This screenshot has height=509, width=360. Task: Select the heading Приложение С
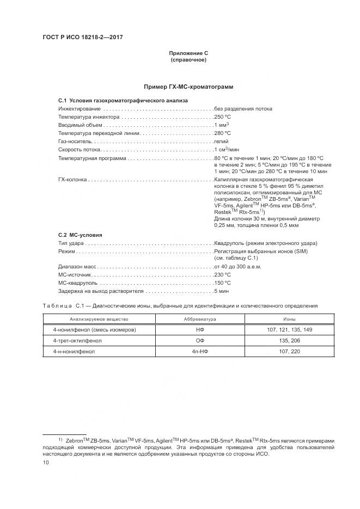(188, 53)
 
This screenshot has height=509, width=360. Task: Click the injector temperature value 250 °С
(223, 116)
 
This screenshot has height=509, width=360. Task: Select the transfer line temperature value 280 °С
(223, 133)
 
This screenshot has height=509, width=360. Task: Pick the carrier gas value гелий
(221, 141)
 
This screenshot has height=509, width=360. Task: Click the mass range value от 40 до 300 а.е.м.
(238, 267)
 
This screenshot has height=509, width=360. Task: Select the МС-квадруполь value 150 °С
(223, 283)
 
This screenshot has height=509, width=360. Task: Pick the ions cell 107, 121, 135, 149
(290, 330)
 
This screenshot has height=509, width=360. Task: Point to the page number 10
(46, 463)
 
